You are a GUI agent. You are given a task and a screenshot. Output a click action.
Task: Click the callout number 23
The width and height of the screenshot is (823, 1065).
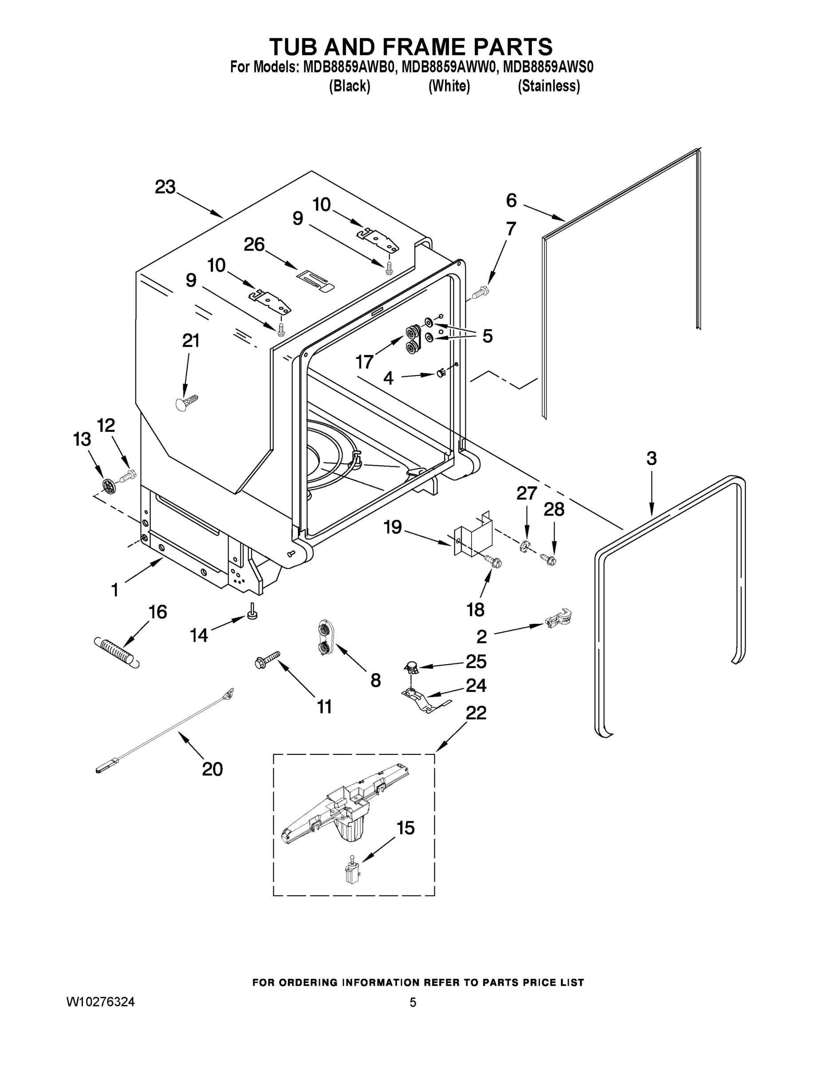tap(165, 187)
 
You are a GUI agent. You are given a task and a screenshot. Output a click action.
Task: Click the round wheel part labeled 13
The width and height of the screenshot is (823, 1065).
tap(109, 486)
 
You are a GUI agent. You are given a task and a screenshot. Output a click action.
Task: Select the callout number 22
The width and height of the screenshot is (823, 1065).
tap(476, 714)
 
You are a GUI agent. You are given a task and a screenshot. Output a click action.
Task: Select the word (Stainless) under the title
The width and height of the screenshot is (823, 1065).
tap(548, 87)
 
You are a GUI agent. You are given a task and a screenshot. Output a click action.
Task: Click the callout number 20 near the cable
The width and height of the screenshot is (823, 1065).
tap(213, 769)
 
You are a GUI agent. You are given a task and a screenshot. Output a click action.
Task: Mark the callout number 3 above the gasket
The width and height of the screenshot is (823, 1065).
tap(651, 458)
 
